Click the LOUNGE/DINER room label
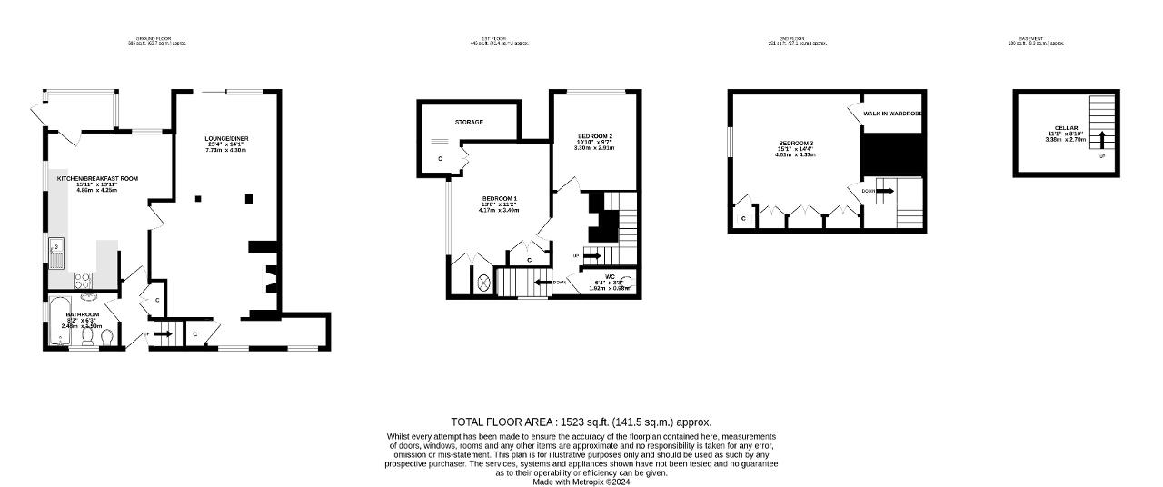tap(227, 139)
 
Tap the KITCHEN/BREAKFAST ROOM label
tap(97, 179)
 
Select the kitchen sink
tap(56, 245)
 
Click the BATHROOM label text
tap(83, 314)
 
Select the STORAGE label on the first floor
tap(469, 122)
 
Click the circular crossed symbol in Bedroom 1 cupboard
tap(483, 283)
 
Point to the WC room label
tap(610, 276)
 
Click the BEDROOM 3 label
tap(795, 144)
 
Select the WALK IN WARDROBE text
tap(892, 114)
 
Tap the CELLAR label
tap(1066, 128)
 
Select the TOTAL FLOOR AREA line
tap(581, 422)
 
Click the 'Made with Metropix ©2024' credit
tap(581, 482)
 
